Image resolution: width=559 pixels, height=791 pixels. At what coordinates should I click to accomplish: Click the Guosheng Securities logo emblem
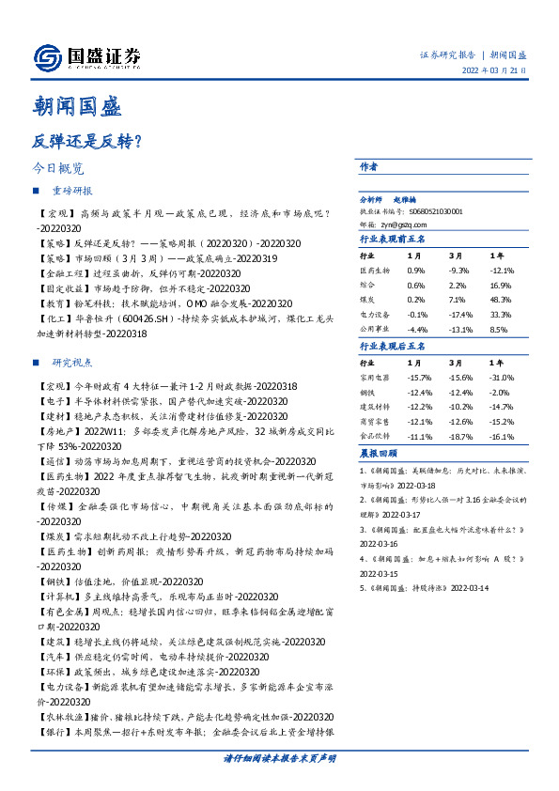click(45, 57)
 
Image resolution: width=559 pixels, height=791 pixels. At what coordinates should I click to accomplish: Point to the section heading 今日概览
click(58, 169)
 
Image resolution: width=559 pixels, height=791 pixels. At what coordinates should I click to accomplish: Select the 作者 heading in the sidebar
click(368, 166)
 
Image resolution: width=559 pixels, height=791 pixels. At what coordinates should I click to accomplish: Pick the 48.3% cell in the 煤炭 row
click(500, 299)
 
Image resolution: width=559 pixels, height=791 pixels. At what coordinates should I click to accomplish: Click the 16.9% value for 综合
click(500, 285)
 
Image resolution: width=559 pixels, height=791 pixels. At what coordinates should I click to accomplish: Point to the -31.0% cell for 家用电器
click(500, 377)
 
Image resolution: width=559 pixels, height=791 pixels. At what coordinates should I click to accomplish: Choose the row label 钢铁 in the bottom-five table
click(368, 392)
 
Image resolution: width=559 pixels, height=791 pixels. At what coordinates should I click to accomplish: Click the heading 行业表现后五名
click(393, 346)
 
